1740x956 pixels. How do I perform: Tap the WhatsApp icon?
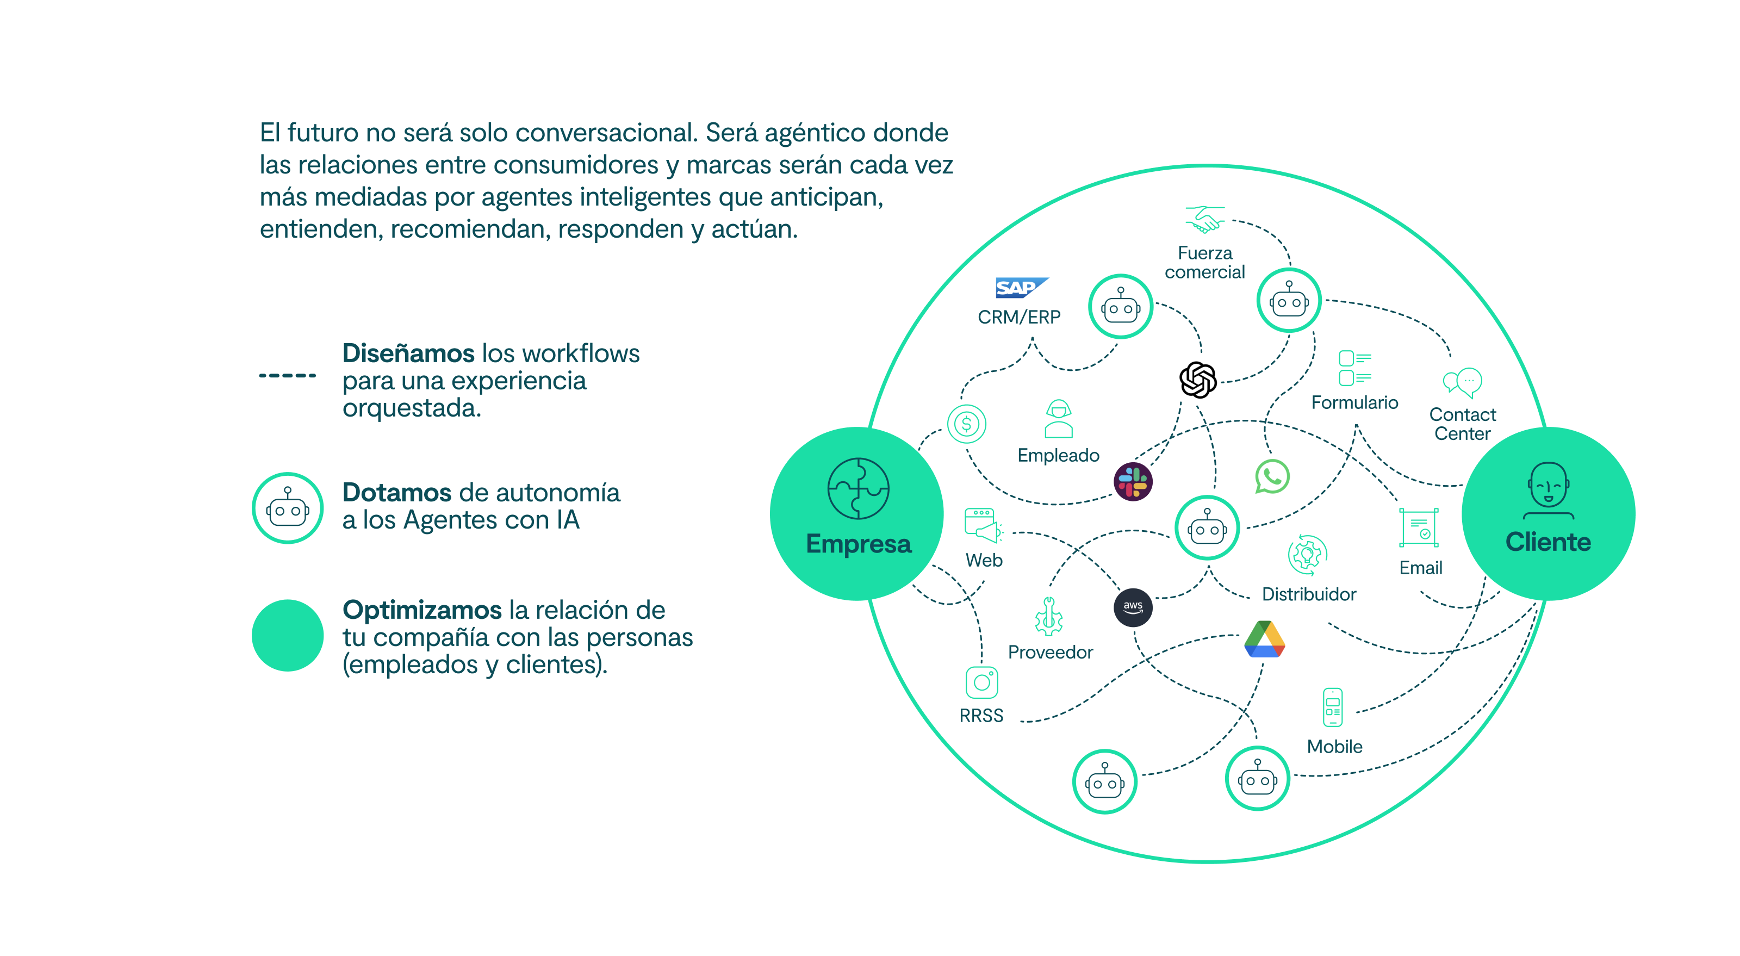[1272, 476]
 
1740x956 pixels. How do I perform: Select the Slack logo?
[1133, 482]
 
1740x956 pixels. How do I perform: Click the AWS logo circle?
[1133, 607]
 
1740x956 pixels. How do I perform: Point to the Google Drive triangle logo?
[1264, 640]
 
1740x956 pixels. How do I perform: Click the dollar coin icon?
[967, 424]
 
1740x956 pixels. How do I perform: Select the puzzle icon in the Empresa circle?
[858, 488]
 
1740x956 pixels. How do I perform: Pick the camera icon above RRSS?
[981, 682]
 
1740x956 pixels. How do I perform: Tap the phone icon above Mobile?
[1332, 707]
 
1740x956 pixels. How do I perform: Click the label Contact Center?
[1462, 424]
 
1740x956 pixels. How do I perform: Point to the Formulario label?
[1354, 402]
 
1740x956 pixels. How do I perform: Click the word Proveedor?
[1051, 652]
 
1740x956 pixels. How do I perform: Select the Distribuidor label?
[1308, 594]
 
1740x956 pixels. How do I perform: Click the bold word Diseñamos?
[408, 353]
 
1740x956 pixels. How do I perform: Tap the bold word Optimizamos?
[421, 610]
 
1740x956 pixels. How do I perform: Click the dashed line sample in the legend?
[288, 375]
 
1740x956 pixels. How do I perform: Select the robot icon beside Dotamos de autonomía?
[288, 508]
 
